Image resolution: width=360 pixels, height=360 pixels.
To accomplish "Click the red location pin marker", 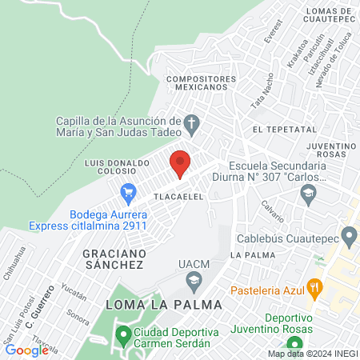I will (x=180, y=162).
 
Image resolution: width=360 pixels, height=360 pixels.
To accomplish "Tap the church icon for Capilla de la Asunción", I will (x=191, y=124).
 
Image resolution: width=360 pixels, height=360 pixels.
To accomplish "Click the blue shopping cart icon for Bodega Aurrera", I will (x=126, y=192).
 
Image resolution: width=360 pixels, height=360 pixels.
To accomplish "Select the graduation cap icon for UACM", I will (x=193, y=280).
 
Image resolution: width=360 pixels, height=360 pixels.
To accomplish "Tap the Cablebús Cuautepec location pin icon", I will (x=349, y=236).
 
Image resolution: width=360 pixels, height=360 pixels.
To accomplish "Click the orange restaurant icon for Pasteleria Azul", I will (x=318, y=287).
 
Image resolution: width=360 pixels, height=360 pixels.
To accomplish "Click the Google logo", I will (x=26, y=350).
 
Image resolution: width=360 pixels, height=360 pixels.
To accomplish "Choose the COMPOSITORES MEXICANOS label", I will (x=202, y=84).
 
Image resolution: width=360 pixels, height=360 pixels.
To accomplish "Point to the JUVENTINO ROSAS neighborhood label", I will (x=330, y=151).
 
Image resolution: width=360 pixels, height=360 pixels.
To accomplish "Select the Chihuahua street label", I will (x=14, y=264).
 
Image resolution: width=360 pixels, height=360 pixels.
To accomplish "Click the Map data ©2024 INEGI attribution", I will (x=312, y=354).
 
